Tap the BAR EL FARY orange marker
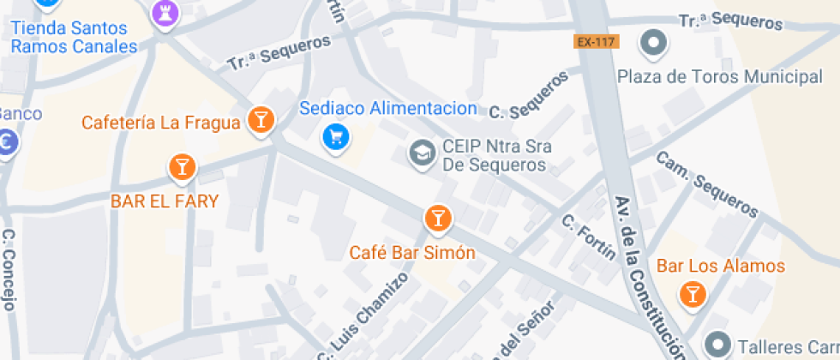(x=181, y=166)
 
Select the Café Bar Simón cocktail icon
(x=437, y=219)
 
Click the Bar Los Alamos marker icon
(x=692, y=295)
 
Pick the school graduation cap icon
(x=421, y=153)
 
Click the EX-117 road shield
(x=592, y=41)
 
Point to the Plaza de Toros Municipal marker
(x=655, y=42)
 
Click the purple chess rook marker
(x=160, y=12)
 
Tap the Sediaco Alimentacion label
(x=387, y=109)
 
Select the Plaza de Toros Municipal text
(x=720, y=77)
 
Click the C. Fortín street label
(x=589, y=237)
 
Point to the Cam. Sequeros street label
(x=706, y=184)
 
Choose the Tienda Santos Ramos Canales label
(x=74, y=38)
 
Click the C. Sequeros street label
(x=529, y=96)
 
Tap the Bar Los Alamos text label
(x=721, y=266)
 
